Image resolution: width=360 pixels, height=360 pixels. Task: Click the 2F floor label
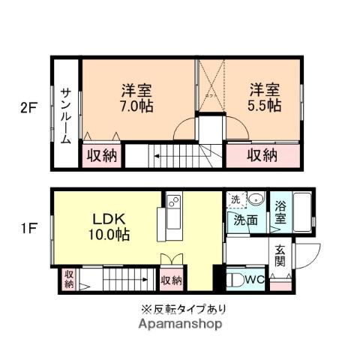[28, 108]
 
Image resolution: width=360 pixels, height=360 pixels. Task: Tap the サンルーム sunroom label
[67, 112]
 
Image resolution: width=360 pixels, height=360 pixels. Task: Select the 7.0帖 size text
[137, 106]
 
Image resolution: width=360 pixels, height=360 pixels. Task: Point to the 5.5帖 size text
[265, 106]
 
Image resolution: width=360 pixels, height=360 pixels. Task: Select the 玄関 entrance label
[280, 256]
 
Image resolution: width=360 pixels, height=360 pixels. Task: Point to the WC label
[253, 280]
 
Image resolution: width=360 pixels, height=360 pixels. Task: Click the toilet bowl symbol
[235, 280]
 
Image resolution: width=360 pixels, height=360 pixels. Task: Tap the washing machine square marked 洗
[235, 199]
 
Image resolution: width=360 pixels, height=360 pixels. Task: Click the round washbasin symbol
[254, 199]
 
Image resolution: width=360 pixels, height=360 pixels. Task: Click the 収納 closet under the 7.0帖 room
[100, 156]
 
